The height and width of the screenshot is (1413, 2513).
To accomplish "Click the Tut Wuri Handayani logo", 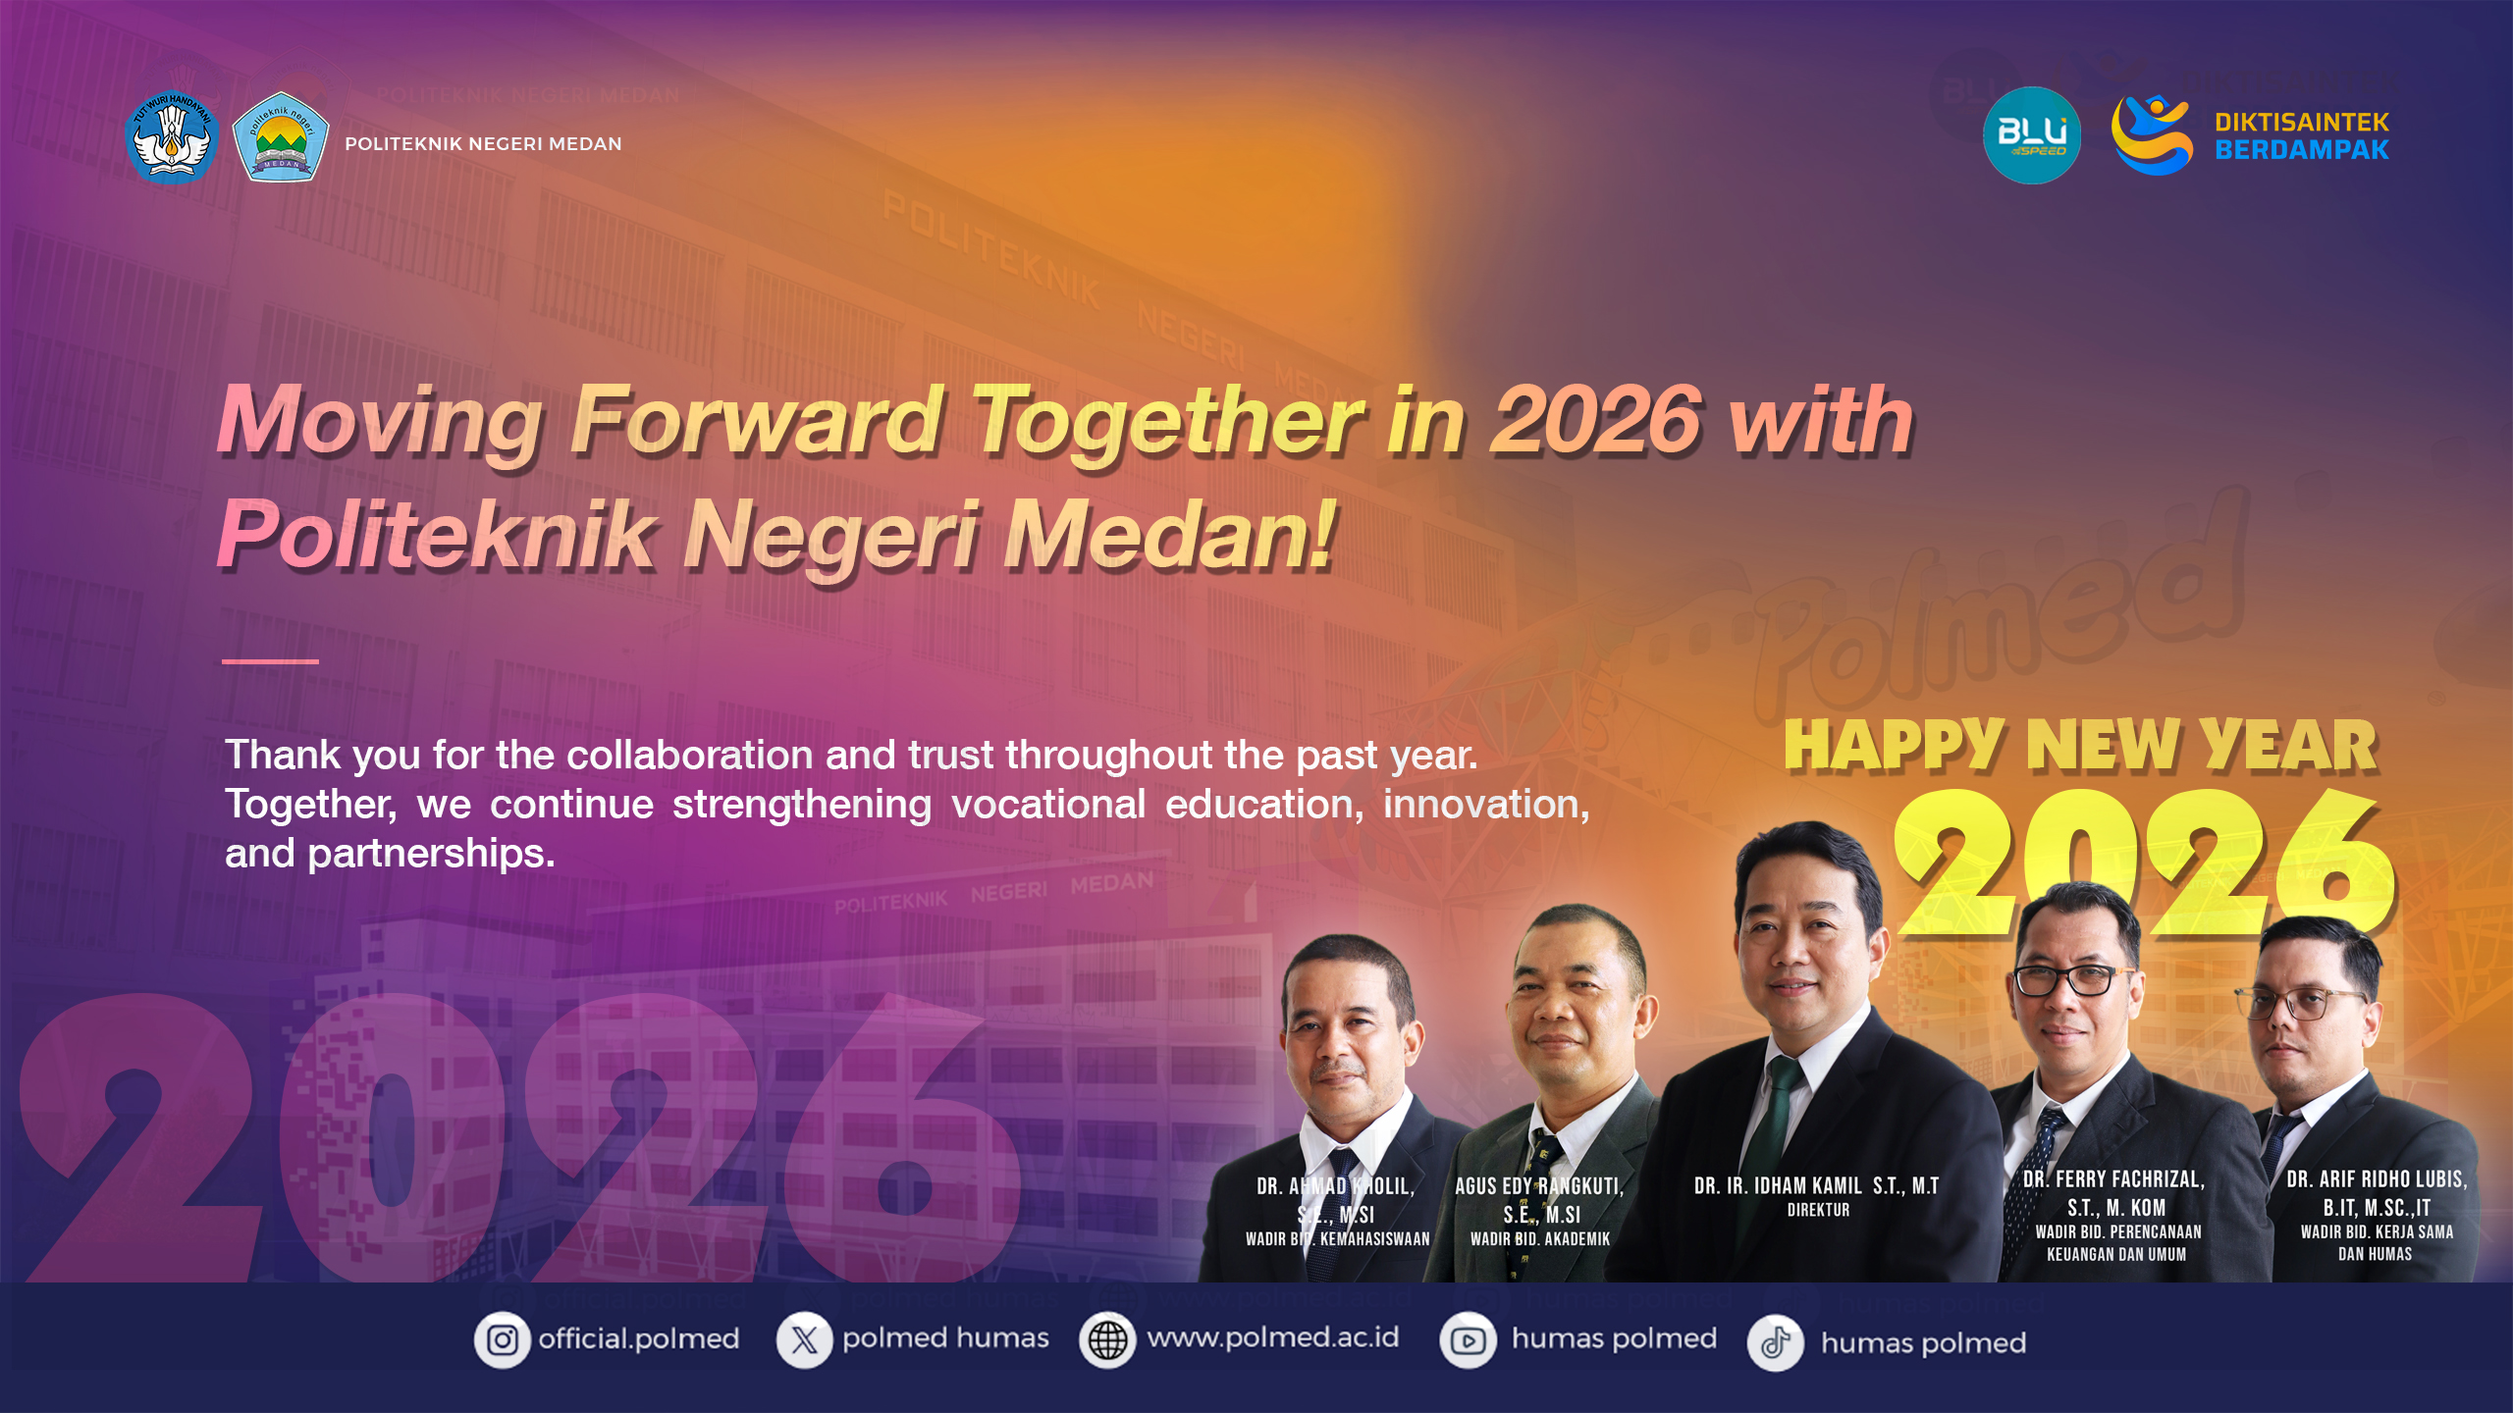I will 173,137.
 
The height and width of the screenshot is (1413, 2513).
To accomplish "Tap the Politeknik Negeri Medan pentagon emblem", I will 281,137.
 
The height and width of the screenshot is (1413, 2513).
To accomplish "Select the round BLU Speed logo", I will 2031,135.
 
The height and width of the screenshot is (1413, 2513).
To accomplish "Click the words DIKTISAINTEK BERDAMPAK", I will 2301,136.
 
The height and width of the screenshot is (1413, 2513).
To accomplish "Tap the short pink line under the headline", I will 270,661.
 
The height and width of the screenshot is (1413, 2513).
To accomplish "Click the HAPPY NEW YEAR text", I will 2081,746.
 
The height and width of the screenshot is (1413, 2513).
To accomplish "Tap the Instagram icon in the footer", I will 503,1340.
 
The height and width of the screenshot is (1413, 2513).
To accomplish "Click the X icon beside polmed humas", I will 804,1340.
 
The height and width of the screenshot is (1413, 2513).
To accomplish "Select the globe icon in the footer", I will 1107,1340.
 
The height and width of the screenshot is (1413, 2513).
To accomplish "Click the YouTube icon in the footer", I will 1469,1340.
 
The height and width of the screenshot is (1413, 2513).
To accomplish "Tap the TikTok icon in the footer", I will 1775,1342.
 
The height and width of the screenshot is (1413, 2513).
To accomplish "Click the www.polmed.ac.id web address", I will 1272,1338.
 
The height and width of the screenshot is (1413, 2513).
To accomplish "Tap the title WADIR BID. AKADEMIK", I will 1540,1239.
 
